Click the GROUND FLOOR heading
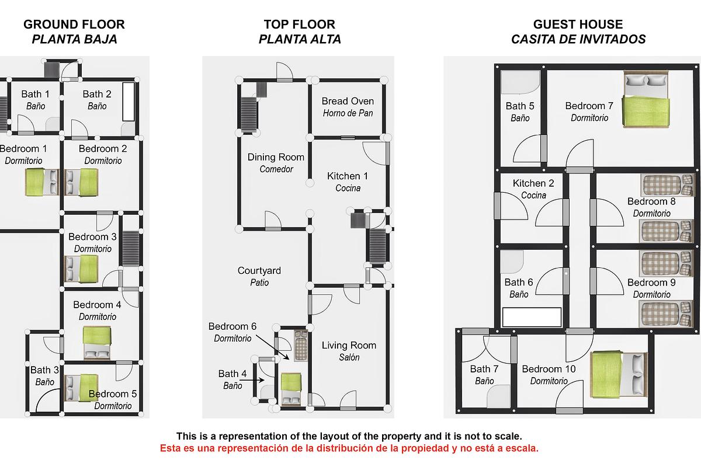(74, 25)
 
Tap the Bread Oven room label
(348, 102)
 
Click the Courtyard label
(259, 271)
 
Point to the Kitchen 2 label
(533, 183)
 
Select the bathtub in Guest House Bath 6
(532, 316)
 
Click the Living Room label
(349, 346)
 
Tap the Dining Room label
(276, 157)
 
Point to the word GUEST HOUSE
(578, 25)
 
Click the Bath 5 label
(520, 106)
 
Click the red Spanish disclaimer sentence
(349, 448)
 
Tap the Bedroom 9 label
(651, 283)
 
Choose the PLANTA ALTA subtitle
(300, 40)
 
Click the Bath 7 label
(484, 369)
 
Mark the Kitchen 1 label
(348, 176)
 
